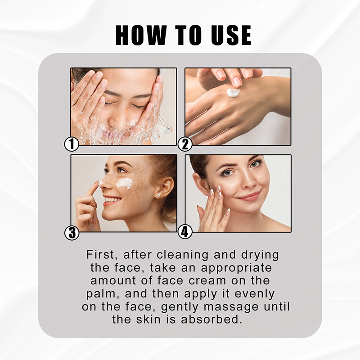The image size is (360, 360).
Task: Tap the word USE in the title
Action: coord(231,35)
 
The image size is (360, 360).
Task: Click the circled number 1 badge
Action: coord(72,144)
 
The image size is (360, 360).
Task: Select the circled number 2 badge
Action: coord(185,144)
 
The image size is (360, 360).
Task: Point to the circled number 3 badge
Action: coord(72,233)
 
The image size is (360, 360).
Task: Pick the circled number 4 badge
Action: coord(185,232)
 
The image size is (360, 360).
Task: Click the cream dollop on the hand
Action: coord(234,93)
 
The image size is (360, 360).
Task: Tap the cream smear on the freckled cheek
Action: coord(124,183)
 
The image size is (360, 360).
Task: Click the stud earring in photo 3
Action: coord(158,196)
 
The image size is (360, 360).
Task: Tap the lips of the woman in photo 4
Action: coord(249,196)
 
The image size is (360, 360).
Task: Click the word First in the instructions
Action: coord(100,255)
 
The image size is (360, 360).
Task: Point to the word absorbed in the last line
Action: coord(211,319)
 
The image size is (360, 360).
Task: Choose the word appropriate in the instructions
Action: coord(237,268)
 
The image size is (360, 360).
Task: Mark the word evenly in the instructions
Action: coord(255,294)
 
